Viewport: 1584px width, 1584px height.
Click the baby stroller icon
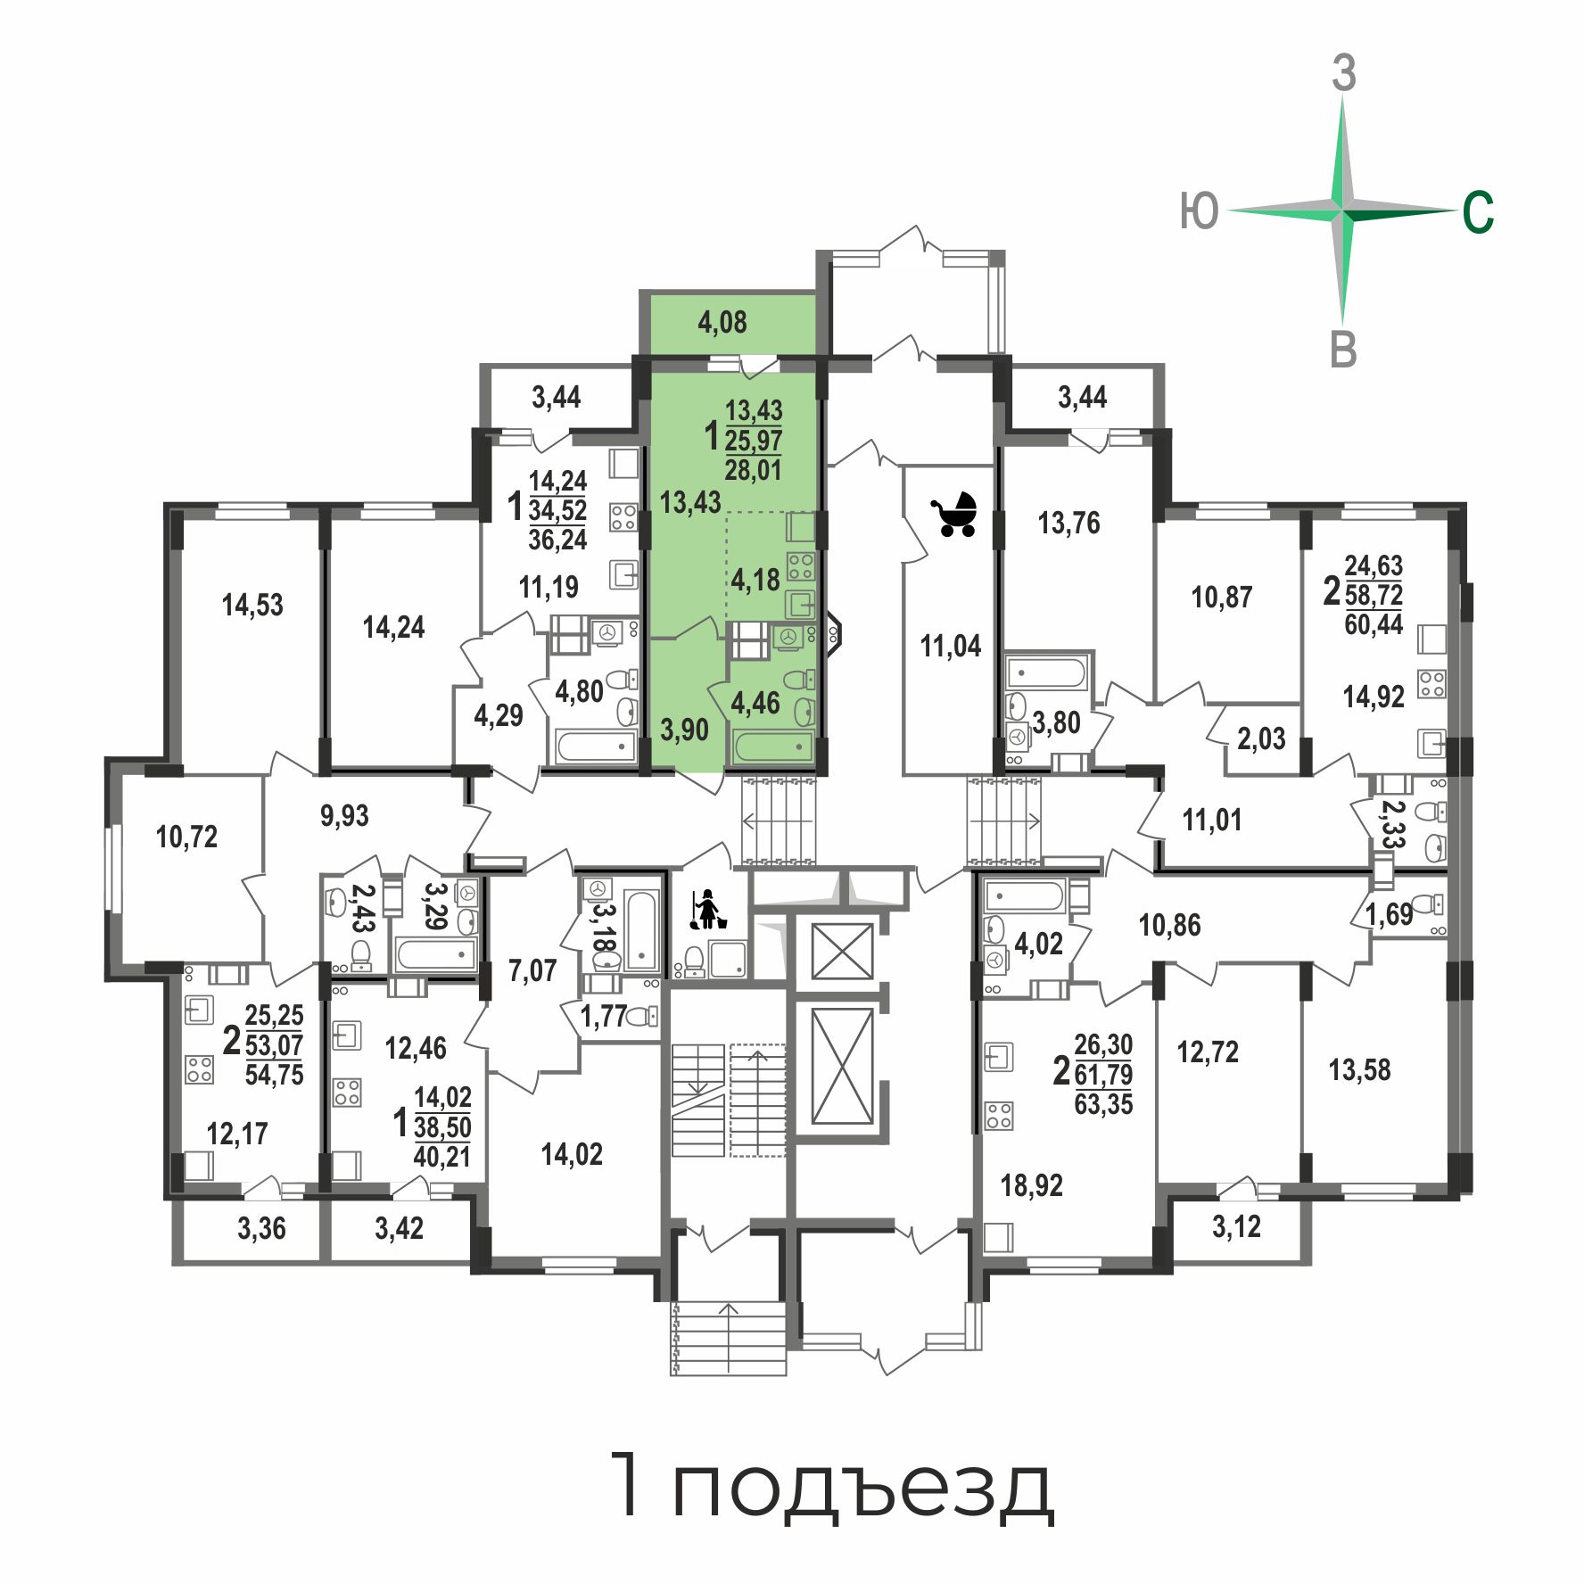[953, 515]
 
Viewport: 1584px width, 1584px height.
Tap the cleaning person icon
[707, 910]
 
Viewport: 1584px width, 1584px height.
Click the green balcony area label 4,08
[722, 322]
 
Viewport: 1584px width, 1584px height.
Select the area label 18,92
[1032, 1185]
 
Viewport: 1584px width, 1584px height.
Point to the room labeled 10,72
[186, 837]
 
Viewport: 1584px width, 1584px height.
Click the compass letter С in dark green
[1478, 213]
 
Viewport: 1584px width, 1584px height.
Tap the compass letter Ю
[1199, 211]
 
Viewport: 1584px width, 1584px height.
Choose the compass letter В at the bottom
[1343, 350]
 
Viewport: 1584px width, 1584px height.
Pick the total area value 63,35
[1103, 1104]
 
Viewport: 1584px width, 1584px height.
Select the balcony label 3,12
[1237, 1226]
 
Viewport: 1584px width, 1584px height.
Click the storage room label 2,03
[1261, 738]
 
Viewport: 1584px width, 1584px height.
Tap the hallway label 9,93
[344, 815]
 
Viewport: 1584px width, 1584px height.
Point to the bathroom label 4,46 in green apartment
[755, 703]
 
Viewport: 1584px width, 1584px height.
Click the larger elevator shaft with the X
[843, 1067]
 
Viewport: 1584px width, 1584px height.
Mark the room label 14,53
[252, 605]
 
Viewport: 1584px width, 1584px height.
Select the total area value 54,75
[274, 1075]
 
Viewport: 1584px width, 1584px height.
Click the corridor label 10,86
[1169, 925]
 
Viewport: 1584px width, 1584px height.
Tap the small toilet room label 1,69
[1389, 914]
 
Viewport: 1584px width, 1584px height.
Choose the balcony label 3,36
[261, 1228]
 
